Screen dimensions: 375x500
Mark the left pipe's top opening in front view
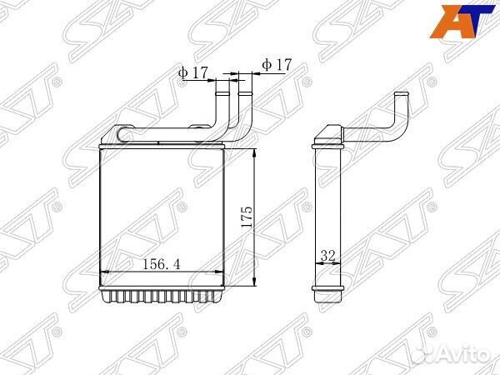tap(222, 80)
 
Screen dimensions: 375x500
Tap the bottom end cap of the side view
tap(327, 294)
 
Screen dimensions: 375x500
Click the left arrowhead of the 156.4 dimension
tap(102, 272)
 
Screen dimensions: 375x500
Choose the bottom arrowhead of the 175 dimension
tap(252, 285)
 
